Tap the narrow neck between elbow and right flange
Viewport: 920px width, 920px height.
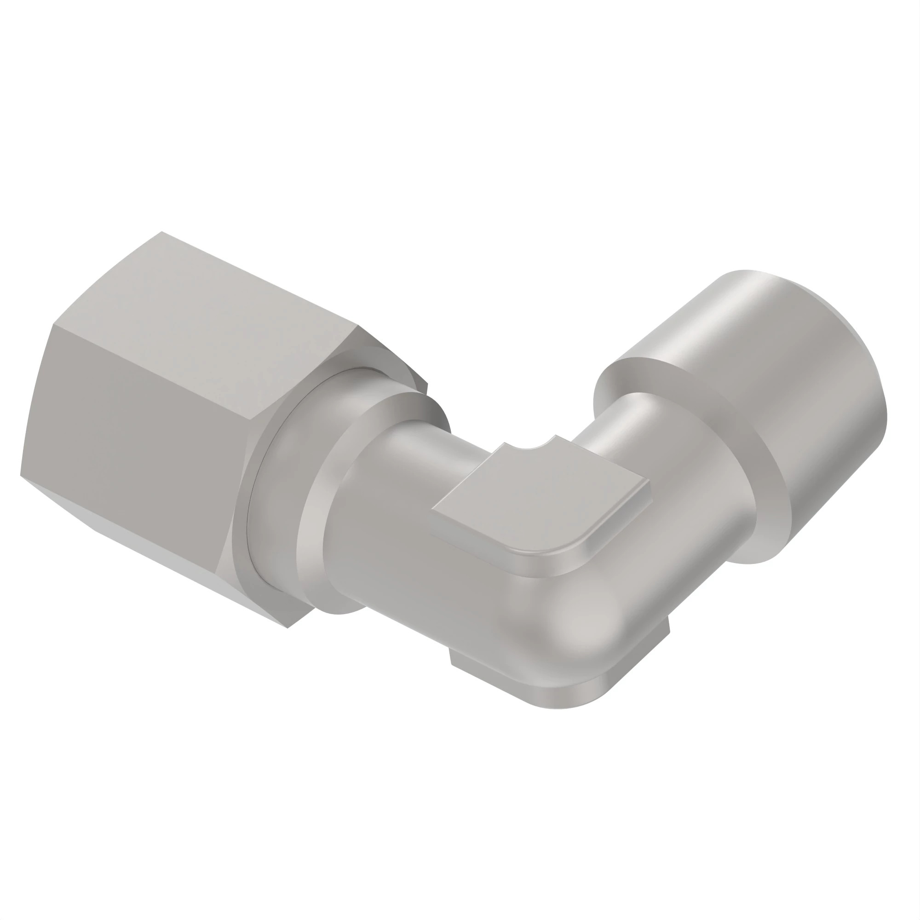[614, 429]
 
